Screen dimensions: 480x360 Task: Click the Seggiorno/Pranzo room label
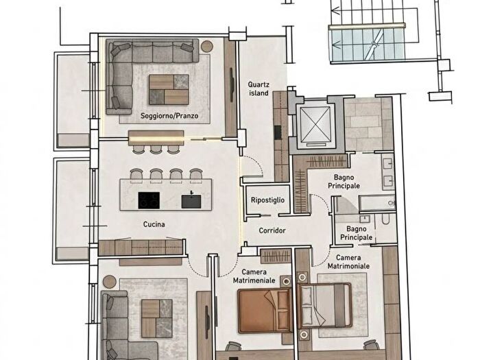(x=169, y=116)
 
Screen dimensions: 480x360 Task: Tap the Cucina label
(x=154, y=224)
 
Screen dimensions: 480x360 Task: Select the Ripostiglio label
(x=268, y=200)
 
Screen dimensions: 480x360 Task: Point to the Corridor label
(x=272, y=230)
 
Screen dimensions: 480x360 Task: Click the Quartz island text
(x=259, y=88)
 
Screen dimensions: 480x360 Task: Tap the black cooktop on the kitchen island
(x=149, y=200)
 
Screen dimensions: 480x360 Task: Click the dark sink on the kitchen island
(x=191, y=201)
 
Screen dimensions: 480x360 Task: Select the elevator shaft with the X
(x=316, y=125)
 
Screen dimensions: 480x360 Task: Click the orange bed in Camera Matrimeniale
(x=265, y=311)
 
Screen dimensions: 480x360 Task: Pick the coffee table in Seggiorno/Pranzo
(x=169, y=89)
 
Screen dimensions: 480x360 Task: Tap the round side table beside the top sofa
(x=207, y=46)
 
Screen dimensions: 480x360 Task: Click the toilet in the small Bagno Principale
(x=385, y=219)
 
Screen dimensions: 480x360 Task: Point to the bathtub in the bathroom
(x=377, y=203)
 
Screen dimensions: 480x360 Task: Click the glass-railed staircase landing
(x=368, y=45)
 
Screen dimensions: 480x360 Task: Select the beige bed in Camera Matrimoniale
(x=325, y=305)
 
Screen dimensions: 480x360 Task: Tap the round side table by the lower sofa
(x=109, y=282)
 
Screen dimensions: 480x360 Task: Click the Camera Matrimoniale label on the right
(x=348, y=262)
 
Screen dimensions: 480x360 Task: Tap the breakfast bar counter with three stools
(x=156, y=138)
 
